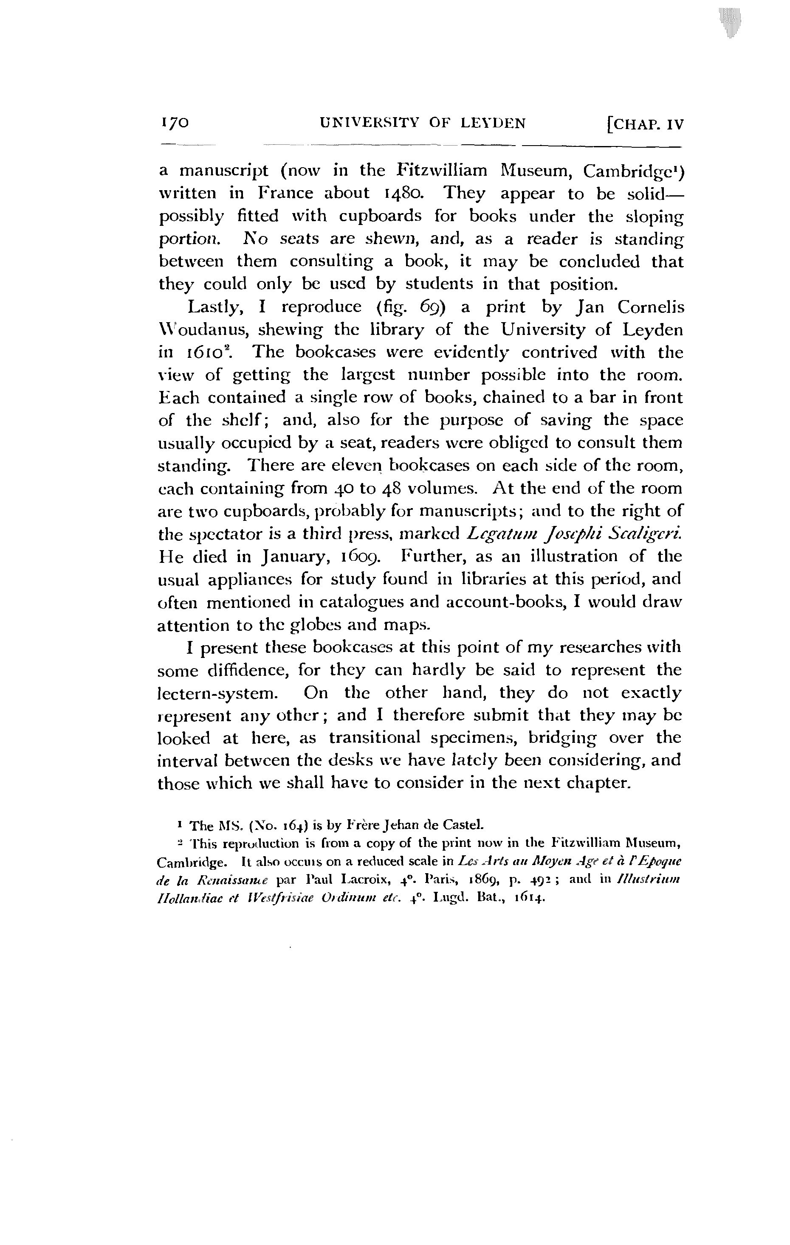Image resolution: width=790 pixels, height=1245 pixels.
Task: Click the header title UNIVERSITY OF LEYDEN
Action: pos(423,123)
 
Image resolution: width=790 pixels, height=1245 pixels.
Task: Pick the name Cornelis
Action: pos(650,307)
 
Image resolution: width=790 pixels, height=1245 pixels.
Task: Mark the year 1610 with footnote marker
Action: pos(207,353)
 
